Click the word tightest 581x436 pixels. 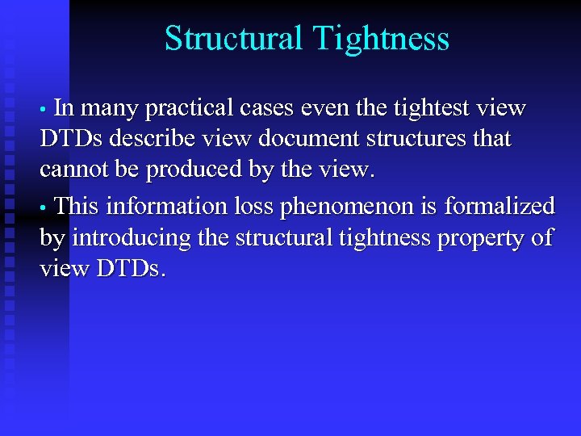tap(437, 107)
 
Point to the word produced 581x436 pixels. tap(193, 170)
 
